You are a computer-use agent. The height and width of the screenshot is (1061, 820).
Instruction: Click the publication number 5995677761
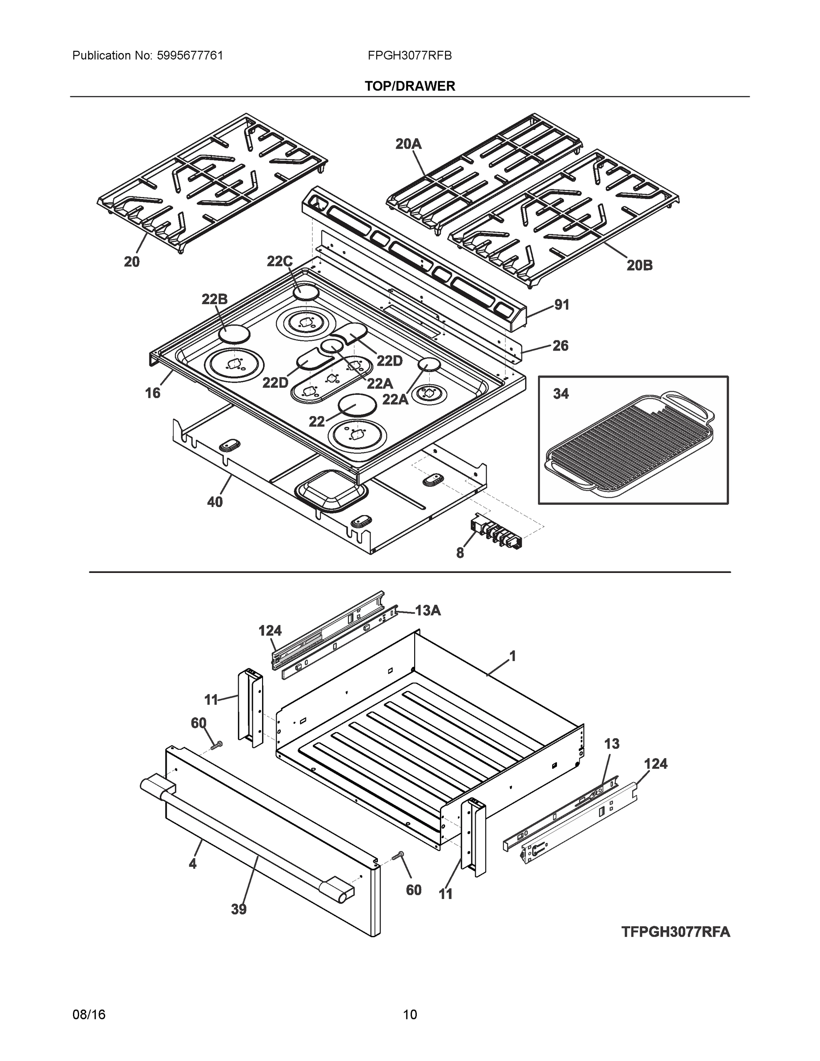190,56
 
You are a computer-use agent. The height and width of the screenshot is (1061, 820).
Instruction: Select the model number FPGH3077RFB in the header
409,56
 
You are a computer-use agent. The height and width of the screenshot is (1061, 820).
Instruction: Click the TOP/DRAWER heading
409,87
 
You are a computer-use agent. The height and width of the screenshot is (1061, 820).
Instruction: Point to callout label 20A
408,144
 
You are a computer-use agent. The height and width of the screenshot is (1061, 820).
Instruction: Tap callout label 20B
639,265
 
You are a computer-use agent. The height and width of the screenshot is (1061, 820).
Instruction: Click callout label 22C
279,261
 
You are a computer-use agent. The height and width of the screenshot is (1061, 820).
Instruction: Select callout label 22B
214,299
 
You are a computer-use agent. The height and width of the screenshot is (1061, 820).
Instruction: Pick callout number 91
561,305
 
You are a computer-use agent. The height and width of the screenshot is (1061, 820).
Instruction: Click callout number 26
560,346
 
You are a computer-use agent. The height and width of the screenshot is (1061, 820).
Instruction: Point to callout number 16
153,393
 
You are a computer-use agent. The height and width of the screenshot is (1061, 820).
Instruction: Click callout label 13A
427,611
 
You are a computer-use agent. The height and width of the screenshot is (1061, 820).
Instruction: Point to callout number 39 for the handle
239,909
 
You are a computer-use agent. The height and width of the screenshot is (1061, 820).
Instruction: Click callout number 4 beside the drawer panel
192,863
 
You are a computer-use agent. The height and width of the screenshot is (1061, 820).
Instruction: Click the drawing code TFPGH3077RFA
675,932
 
